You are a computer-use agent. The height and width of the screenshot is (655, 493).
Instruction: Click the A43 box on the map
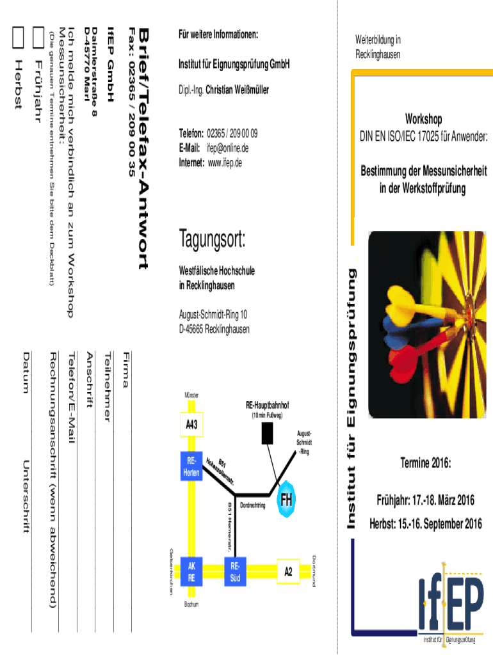click(x=191, y=425)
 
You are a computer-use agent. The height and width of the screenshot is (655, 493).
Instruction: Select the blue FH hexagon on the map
click(x=286, y=501)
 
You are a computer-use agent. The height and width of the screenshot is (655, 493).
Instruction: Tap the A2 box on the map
click(x=288, y=572)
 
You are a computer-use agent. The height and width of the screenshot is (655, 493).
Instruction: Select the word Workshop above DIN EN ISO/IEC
click(x=423, y=120)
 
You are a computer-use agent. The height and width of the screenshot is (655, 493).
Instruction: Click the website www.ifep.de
click(x=225, y=162)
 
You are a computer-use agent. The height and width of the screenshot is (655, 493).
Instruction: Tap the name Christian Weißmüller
click(x=237, y=90)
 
